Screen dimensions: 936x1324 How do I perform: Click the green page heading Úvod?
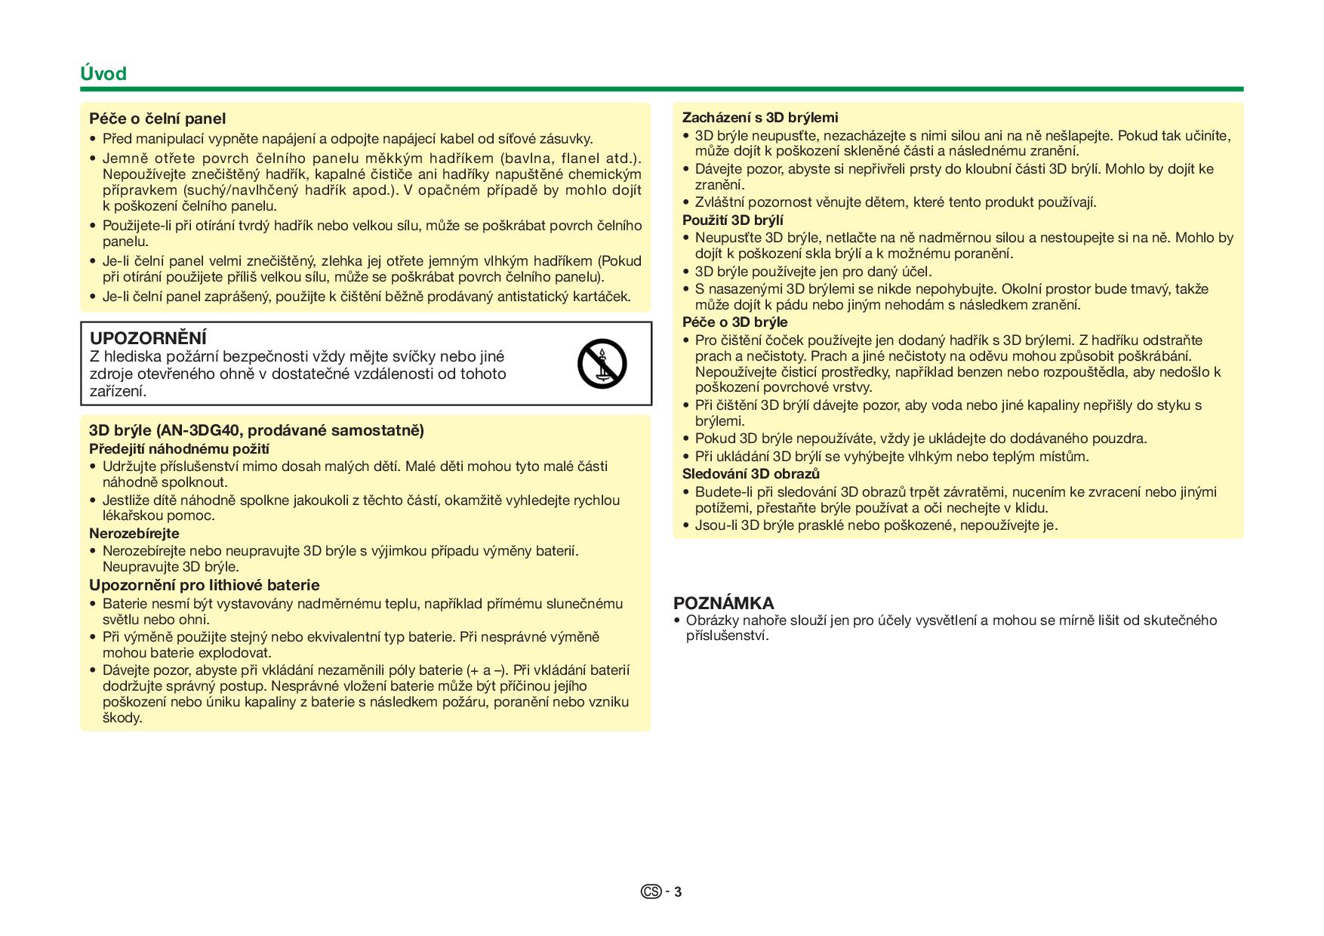point(103,74)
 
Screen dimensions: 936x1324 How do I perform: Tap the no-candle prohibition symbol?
point(602,363)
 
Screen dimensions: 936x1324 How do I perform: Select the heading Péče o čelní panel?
point(157,119)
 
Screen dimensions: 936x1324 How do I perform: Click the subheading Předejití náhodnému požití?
point(180,449)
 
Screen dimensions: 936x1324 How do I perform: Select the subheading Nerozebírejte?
point(134,534)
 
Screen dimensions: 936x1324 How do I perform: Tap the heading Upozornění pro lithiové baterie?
point(204,585)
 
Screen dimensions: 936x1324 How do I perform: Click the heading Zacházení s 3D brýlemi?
point(760,118)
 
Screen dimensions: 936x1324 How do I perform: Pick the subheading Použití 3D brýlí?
point(732,220)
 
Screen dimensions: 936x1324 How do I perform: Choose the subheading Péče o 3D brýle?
point(734,322)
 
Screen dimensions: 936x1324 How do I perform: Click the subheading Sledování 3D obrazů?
point(750,474)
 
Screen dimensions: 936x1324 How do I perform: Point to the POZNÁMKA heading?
point(723,603)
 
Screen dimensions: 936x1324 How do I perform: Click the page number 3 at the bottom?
point(678,892)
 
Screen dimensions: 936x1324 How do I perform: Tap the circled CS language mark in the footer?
point(651,892)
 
